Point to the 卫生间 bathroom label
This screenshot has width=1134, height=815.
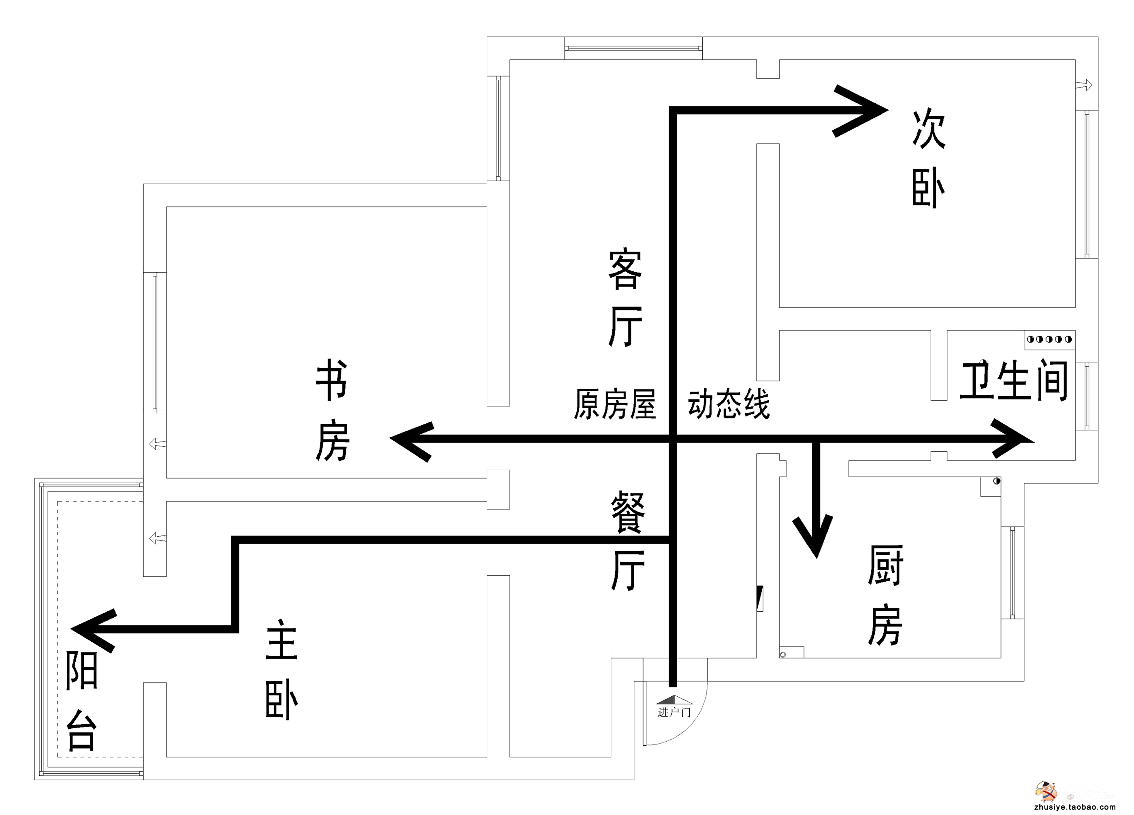point(1014,381)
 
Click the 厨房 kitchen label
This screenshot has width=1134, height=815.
point(885,595)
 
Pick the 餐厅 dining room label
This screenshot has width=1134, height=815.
point(628,540)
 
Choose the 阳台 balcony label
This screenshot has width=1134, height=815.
point(81,700)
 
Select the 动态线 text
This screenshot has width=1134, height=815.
point(729,404)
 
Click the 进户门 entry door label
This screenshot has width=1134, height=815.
point(674,712)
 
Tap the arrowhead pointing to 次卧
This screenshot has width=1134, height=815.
point(863,111)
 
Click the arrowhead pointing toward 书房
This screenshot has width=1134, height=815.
point(410,440)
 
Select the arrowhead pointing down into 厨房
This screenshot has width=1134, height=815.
point(816,538)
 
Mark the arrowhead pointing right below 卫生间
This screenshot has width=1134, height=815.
point(1013,439)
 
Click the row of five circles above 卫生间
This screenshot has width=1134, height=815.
point(1049,339)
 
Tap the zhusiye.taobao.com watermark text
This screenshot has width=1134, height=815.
point(1074,807)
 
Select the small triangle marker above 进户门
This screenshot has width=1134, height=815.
point(674,700)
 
